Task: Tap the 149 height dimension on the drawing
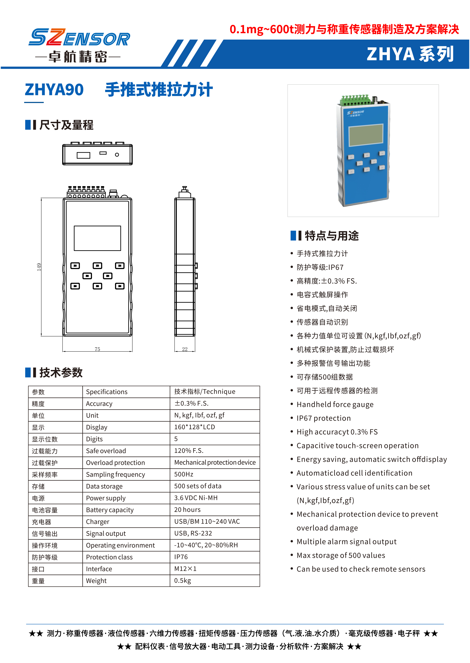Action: pos(39,267)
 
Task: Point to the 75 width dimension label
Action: pos(97,349)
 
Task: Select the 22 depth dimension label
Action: pos(185,349)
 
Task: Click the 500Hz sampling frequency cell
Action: pos(184,474)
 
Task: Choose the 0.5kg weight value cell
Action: pos(182,580)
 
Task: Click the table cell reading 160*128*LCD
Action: pos(194,427)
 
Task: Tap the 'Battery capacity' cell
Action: pos(110,510)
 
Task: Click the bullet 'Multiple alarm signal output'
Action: pos(347,542)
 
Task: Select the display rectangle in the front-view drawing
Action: pos(97,238)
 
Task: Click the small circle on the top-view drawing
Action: pos(117,155)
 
